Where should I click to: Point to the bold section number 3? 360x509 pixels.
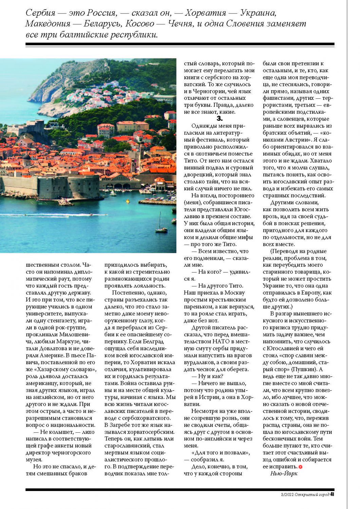pyautogui.click(x=220, y=118)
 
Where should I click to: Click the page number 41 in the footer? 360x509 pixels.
pyautogui.click(x=332, y=494)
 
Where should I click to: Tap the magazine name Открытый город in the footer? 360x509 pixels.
pyautogui.click(x=312, y=494)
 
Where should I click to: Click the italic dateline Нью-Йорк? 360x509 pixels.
pyautogui.click(x=284, y=473)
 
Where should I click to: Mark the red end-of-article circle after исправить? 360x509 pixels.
pyautogui.click(x=300, y=467)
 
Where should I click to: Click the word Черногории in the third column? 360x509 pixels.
pyautogui.click(x=207, y=91)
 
